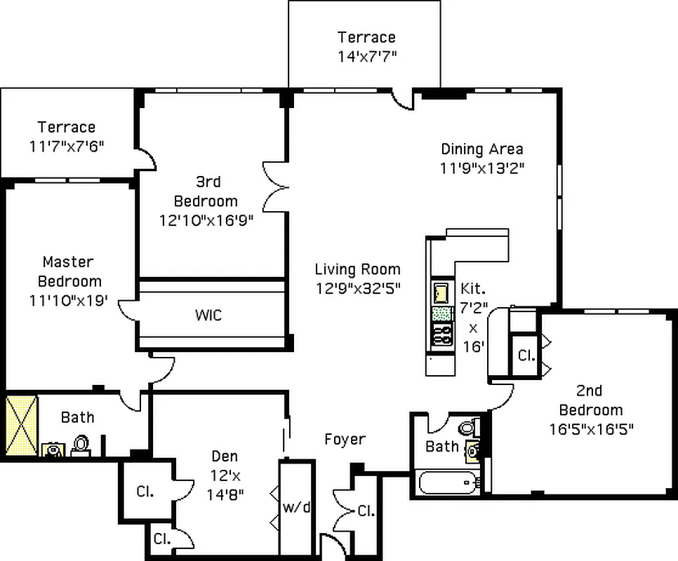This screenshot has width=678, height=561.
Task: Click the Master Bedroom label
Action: [x=69, y=271]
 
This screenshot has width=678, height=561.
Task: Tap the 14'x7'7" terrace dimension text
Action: [x=366, y=56]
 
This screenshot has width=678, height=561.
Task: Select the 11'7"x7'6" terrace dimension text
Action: [x=67, y=146]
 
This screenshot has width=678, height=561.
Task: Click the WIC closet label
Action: [x=208, y=315]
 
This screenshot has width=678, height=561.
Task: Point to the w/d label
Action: [x=296, y=506]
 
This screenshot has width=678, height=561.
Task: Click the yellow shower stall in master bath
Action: [x=20, y=426]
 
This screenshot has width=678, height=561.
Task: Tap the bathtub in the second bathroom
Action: [x=446, y=482]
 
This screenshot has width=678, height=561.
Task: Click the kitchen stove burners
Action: [x=441, y=334]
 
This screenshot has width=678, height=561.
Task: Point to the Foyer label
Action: [x=345, y=440]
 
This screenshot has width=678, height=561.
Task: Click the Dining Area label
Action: [x=481, y=149]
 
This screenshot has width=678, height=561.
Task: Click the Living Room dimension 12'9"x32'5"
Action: [x=358, y=288]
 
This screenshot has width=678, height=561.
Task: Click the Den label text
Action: [x=225, y=457]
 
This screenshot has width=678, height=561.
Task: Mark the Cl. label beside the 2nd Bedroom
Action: [x=525, y=356]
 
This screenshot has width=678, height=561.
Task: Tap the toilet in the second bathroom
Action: [x=467, y=428]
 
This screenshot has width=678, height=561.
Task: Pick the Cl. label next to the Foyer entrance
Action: [x=366, y=511]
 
